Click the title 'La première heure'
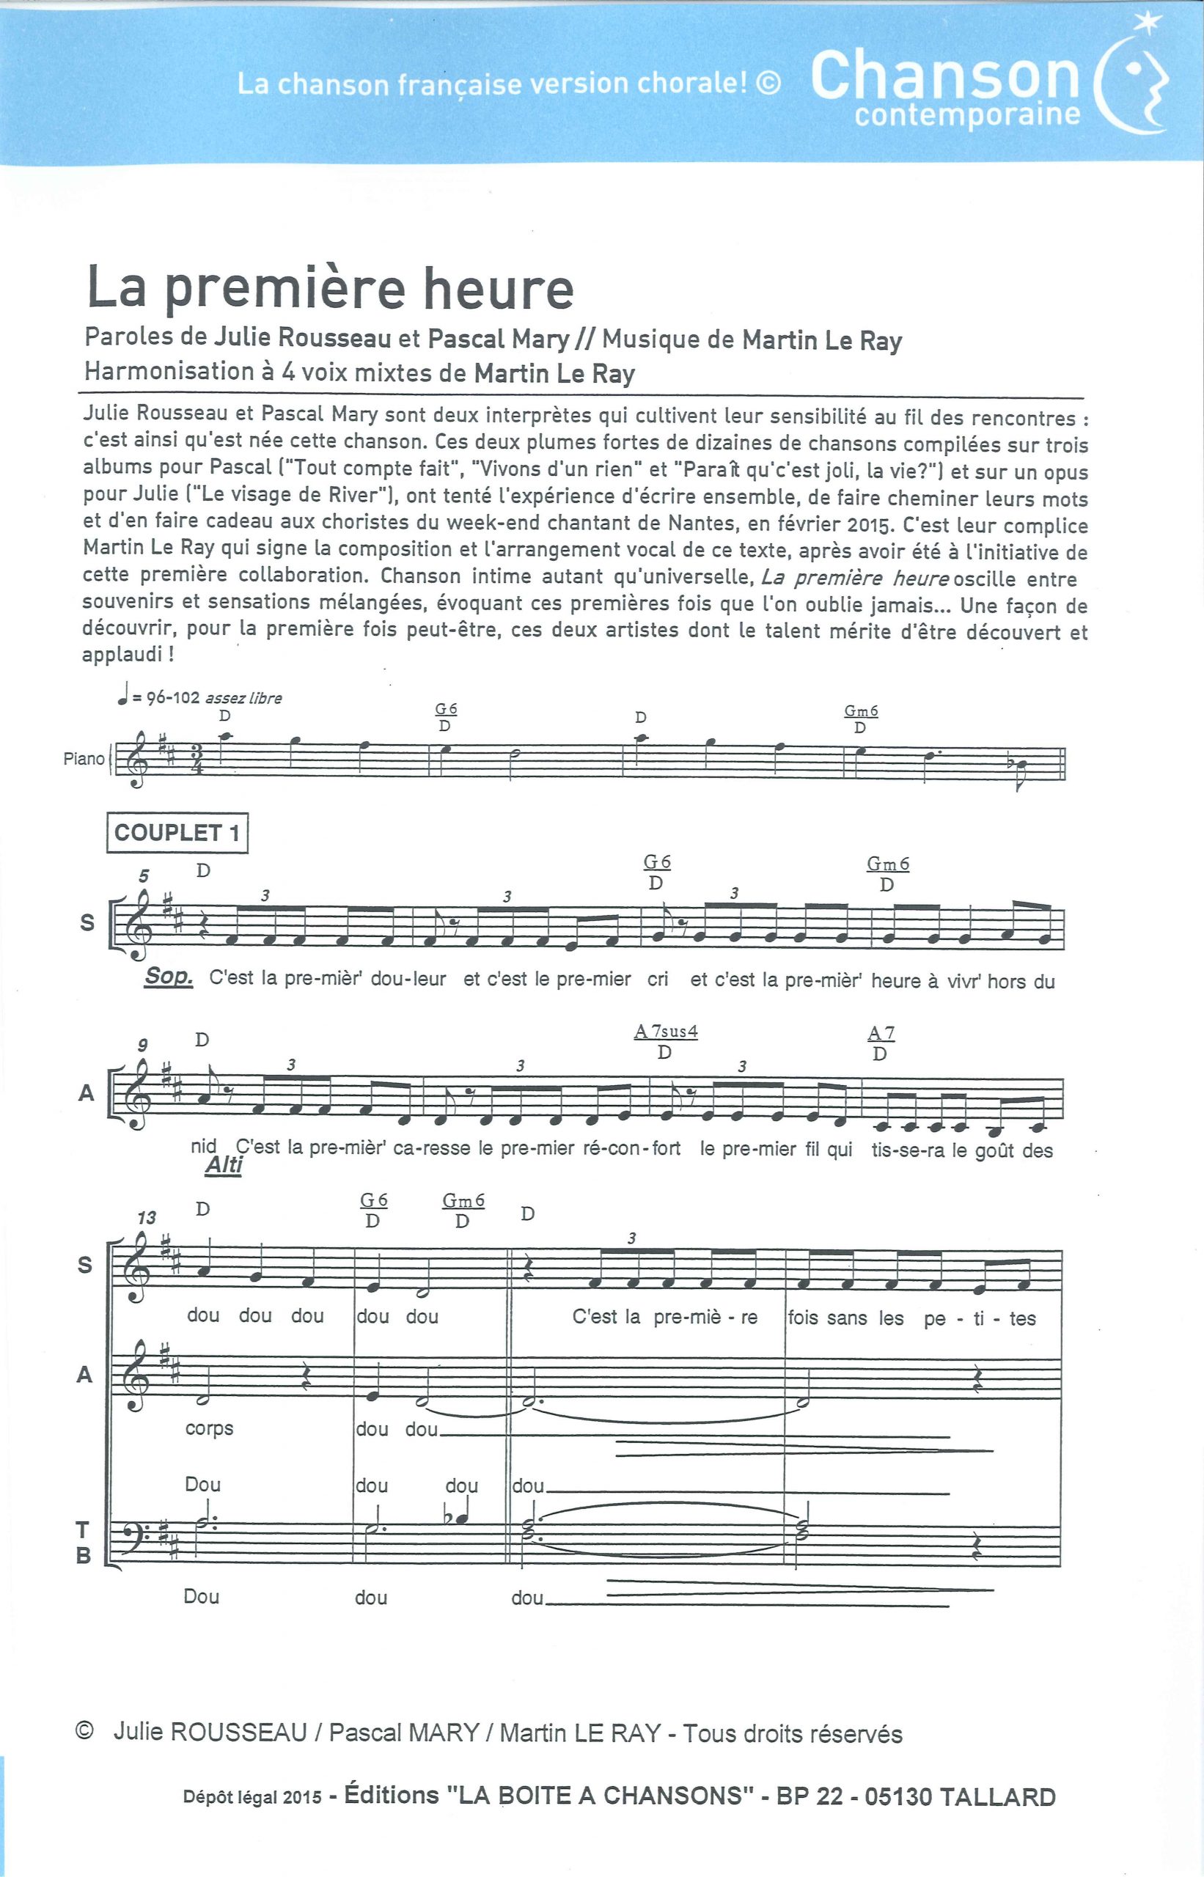(x=330, y=287)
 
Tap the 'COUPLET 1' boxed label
(x=177, y=833)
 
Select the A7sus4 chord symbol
(x=665, y=1032)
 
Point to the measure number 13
(x=146, y=1217)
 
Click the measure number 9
(x=143, y=1046)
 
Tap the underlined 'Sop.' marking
(x=168, y=977)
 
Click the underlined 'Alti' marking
(x=224, y=1166)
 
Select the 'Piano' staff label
(x=84, y=758)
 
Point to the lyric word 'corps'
(x=210, y=1428)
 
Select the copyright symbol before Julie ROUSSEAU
(x=84, y=1731)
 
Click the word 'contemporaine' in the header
(x=967, y=116)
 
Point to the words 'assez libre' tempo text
(x=243, y=698)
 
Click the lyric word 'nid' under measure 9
(x=203, y=1147)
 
